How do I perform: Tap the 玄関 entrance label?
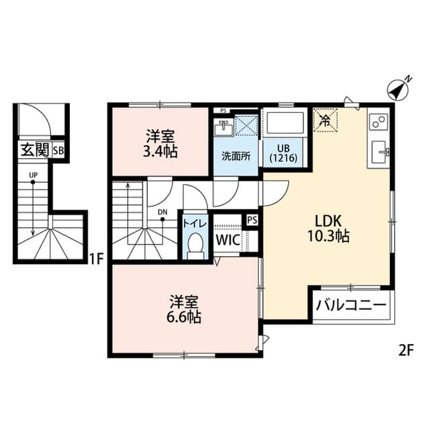click(32, 150)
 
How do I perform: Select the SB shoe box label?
click(58, 150)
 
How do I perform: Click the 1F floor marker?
click(95, 257)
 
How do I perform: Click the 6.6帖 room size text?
click(183, 316)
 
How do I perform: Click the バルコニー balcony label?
click(351, 305)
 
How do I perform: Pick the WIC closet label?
click(227, 239)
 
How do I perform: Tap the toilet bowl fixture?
click(195, 246)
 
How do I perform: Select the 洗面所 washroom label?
click(236, 157)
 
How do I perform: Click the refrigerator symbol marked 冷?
click(326, 122)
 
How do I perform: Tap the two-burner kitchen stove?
click(378, 122)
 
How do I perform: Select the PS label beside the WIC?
click(252, 219)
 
